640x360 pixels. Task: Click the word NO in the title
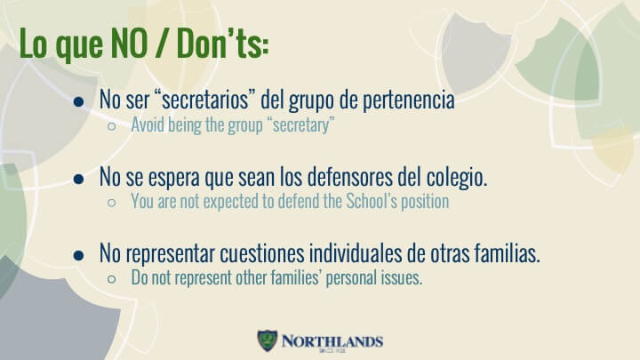(130, 44)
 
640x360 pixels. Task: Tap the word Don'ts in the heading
(223, 44)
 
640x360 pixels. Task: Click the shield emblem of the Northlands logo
(268, 340)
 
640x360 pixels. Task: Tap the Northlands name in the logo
(332, 341)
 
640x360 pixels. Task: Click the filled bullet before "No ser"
(79, 101)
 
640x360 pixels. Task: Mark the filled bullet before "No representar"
(79, 255)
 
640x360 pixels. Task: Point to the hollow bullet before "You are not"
(111, 203)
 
